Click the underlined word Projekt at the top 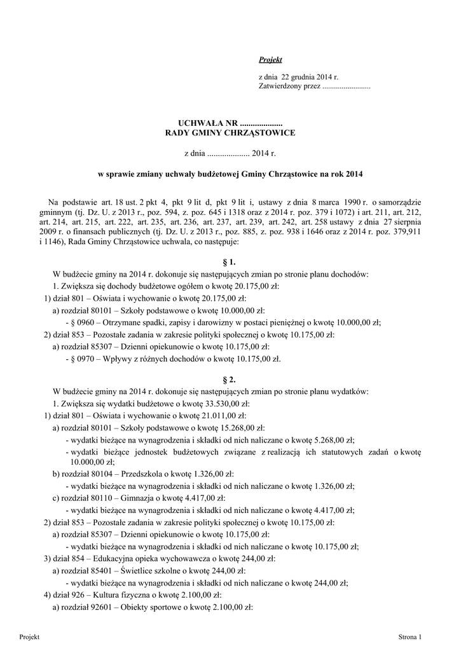coord(270,60)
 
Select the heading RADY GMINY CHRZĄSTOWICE coord(230,133)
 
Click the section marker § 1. coord(230,262)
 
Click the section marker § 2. coord(230,379)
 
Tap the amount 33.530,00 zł coord(226,403)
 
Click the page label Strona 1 coord(410,636)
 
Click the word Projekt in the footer coord(30,636)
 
